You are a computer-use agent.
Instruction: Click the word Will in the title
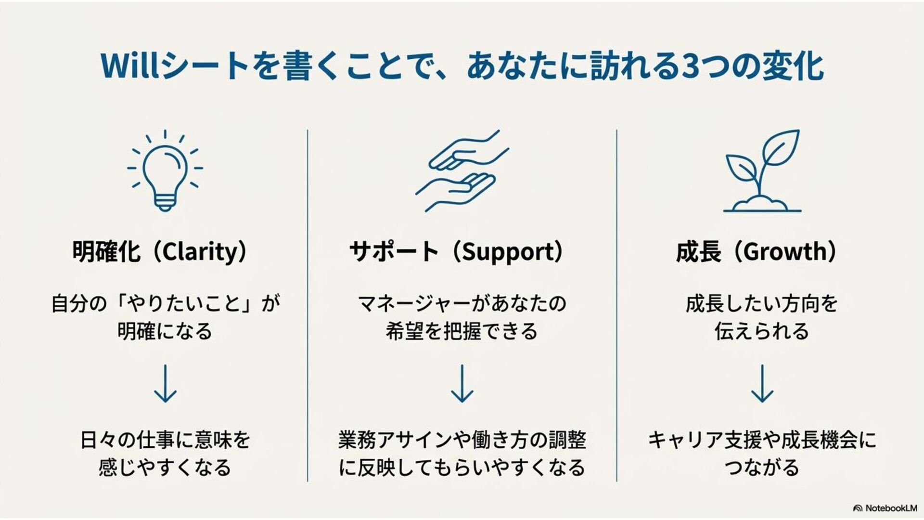click(129, 66)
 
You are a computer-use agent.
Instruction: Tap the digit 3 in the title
click(692, 66)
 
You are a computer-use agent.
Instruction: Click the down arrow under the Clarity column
click(165, 383)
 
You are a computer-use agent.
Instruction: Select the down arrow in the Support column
click(462, 383)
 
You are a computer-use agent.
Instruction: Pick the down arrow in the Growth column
click(762, 383)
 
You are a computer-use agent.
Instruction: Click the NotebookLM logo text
click(891, 508)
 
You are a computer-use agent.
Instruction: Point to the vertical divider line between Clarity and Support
click(308, 306)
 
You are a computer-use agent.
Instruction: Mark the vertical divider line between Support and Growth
click(616, 306)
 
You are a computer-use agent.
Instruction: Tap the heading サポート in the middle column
click(394, 252)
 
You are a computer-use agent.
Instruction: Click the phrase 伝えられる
click(761, 332)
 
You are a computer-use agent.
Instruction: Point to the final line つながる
click(761, 468)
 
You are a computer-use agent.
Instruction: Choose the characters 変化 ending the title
click(793, 66)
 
